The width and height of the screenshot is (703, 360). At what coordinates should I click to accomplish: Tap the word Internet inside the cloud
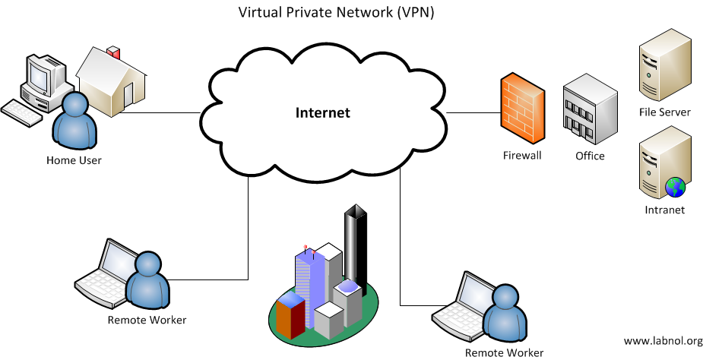pyautogui.click(x=323, y=113)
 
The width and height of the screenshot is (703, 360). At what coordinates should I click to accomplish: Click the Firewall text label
pyautogui.click(x=522, y=156)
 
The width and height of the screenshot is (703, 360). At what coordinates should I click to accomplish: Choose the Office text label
pyautogui.click(x=590, y=156)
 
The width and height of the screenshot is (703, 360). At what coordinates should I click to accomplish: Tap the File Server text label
pyautogui.click(x=664, y=112)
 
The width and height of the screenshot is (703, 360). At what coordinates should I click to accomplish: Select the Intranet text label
pyautogui.click(x=664, y=210)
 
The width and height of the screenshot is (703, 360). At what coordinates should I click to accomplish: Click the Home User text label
pyautogui.click(x=74, y=160)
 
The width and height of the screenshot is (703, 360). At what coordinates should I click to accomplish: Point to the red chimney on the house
pyautogui.click(x=115, y=53)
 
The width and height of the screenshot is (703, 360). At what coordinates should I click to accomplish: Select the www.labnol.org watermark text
pyautogui.click(x=663, y=341)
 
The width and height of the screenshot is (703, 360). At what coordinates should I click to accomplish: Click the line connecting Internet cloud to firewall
pyautogui.click(x=473, y=112)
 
